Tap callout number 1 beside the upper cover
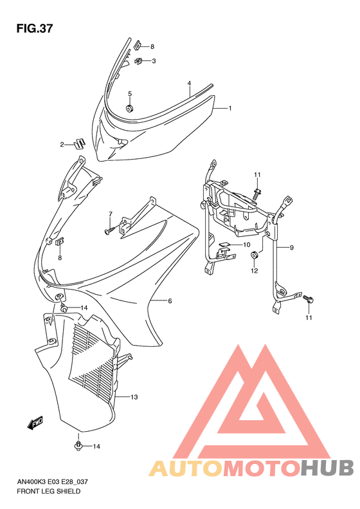(x=230, y=109)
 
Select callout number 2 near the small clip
(x=154, y=62)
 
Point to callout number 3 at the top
(x=190, y=84)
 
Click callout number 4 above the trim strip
(x=129, y=94)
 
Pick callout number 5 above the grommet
(x=170, y=301)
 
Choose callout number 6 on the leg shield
(x=110, y=214)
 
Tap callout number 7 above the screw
(x=291, y=248)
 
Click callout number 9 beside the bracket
(x=246, y=245)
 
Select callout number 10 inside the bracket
(x=255, y=271)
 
